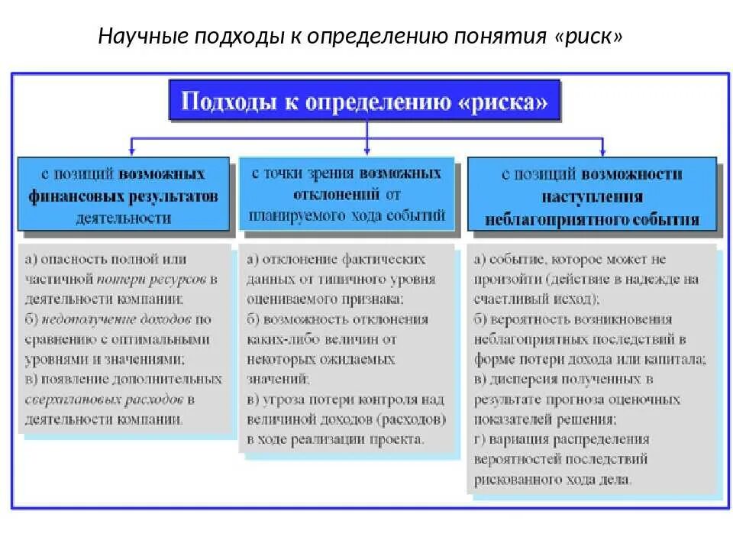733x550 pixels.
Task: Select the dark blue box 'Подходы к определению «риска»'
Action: tap(364, 102)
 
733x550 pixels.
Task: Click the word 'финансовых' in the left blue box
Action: tap(66, 196)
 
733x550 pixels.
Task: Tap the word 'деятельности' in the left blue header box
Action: tap(123, 218)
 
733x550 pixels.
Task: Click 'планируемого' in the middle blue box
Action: tap(301, 215)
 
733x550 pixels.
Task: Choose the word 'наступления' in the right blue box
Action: tap(592, 197)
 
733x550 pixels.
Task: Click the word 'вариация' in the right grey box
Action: tap(516, 439)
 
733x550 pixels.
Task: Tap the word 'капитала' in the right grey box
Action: tap(675, 360)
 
